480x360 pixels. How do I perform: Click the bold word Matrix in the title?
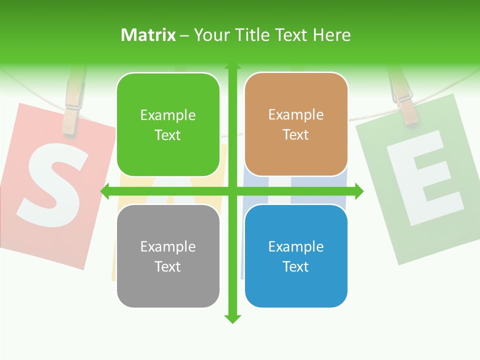[x=148, y=35]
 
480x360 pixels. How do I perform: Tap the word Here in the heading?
[x=332, y=35]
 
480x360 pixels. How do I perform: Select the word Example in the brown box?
[x=296, y=115]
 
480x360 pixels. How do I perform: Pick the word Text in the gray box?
[x=168, y=267]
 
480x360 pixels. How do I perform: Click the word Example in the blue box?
[x=296, y=246]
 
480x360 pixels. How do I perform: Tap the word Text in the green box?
[x=168, y=135]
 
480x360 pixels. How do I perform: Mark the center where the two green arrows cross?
[x=232, y=191]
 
